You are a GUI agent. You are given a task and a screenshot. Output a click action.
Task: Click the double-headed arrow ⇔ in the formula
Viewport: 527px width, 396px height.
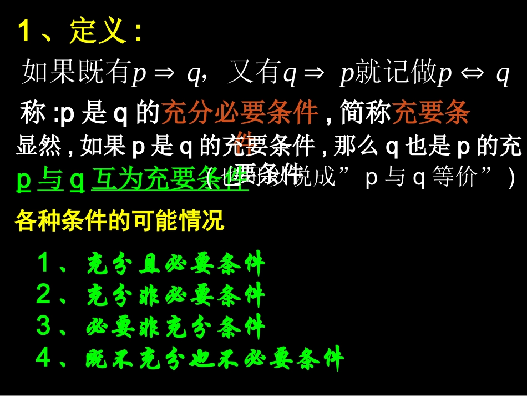(x=470, y=74)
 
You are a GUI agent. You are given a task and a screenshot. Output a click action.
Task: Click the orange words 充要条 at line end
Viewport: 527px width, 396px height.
(x=431, y=113)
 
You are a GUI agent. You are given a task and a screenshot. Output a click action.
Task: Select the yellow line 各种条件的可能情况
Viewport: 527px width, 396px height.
(x=119, y=220)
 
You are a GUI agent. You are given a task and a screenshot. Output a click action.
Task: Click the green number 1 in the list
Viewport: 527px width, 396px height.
(x=44, y=263)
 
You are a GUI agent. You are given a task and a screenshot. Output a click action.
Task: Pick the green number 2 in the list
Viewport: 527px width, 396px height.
(x=44, y=295)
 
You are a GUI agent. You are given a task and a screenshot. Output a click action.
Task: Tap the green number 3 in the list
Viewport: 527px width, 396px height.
(x=44, y=326)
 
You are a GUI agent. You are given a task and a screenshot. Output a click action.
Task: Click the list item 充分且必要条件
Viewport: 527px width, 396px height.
(x=176, y=264)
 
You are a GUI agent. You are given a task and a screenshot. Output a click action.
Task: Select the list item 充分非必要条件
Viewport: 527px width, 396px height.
(x=176, y=296)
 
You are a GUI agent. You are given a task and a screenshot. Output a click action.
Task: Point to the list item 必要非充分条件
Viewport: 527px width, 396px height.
(x=176, y=327)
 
